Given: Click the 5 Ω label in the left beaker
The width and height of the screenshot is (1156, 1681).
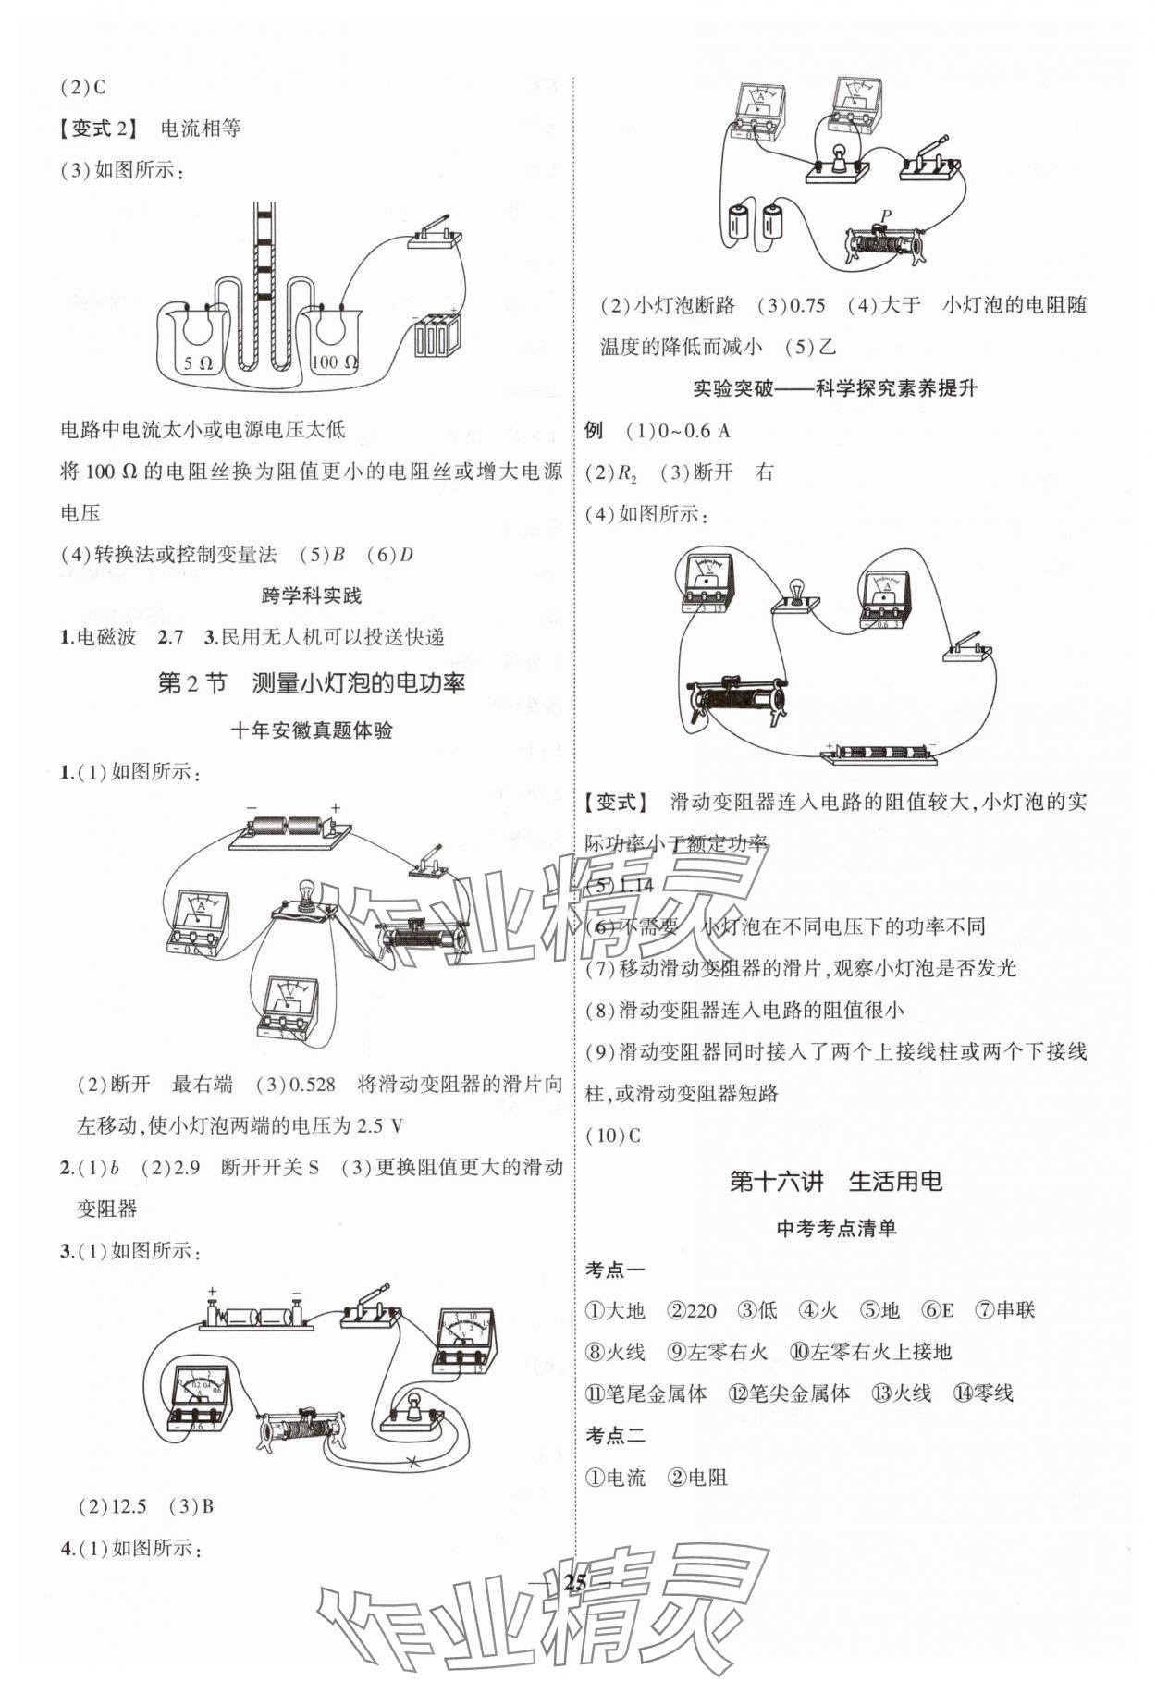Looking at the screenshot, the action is coord(198,363).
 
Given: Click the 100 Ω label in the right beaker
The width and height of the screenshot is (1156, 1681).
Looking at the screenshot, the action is coord(334,362).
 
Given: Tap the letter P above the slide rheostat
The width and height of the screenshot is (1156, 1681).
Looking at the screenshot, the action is coord(885,216).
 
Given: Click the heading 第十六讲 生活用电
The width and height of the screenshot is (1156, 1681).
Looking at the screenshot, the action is coord(835,1181).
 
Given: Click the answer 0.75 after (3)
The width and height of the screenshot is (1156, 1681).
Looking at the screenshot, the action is coord(803,305).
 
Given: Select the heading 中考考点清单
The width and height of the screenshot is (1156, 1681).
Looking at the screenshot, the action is coord(836,1228).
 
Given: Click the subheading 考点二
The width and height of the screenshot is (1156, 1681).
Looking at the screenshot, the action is coord(615,1435).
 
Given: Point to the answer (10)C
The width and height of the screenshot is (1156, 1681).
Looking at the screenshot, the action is coord(613,1135).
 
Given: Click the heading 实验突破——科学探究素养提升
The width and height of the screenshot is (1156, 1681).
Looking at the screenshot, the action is coord(835,388).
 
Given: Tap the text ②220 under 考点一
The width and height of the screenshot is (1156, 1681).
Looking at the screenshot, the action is coord(693,1310).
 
